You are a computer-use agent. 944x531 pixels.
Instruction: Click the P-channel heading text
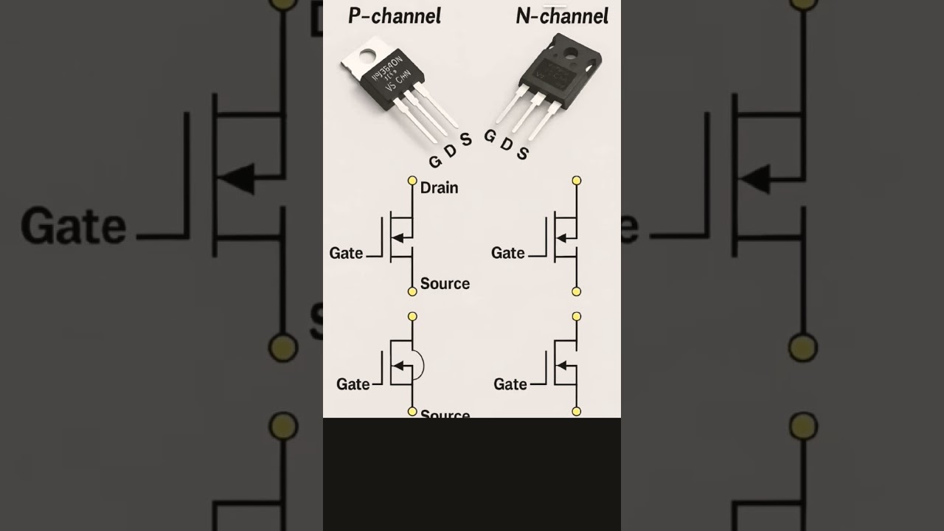click(395, 15)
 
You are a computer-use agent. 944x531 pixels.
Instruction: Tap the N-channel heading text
click(562, 15)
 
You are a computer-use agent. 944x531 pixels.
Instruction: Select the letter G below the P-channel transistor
click(434, 161)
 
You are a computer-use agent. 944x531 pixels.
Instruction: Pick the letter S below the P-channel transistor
click(465, 140)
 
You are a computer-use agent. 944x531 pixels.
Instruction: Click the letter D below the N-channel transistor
click(506, 144)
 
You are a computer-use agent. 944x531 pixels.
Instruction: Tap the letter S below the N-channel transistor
click(522, 153)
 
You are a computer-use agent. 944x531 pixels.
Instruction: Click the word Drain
click(439, 188)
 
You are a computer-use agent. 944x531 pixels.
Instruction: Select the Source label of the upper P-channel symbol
click(445, 284)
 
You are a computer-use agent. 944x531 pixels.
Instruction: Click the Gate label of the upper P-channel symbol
click(346, 253)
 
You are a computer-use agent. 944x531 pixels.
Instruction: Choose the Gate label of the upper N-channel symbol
click(508, 253)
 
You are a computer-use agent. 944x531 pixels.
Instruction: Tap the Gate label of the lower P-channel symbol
click(353, 384)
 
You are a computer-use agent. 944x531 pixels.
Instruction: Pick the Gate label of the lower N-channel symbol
click(510, 384)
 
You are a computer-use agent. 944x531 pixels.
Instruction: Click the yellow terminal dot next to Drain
click(412, 181)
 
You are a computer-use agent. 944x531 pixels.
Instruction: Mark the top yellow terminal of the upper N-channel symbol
click(577, 181)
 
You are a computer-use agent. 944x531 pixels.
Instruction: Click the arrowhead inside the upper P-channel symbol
click(398, 237)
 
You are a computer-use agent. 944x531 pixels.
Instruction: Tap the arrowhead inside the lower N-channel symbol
click(562, 365)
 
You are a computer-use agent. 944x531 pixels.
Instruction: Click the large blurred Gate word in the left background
click(74, 226)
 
